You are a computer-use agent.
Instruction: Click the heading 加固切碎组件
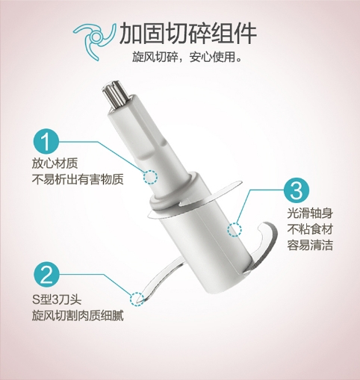point(188,33)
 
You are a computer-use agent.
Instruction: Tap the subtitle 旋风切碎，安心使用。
point(187,57)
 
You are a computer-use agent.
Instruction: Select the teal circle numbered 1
point(46,141)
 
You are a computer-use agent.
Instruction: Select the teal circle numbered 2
point(46,275)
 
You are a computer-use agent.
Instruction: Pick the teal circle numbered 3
point(297,190)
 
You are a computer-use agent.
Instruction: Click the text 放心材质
point(55,163)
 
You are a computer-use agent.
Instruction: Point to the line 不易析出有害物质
point(78,179)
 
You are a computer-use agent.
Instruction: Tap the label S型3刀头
point(57,299)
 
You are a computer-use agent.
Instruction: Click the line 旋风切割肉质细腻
point(78,316)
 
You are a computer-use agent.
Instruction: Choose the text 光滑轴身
point(310,214)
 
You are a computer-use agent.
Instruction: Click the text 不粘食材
point(310,229)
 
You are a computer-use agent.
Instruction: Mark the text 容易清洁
point(310,245)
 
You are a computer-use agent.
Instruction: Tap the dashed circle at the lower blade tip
point(137,299)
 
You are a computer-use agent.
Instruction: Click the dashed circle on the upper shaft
point(150,177)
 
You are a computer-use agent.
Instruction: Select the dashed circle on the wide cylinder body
point(235,229)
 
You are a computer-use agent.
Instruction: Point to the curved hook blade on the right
point(267,245)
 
